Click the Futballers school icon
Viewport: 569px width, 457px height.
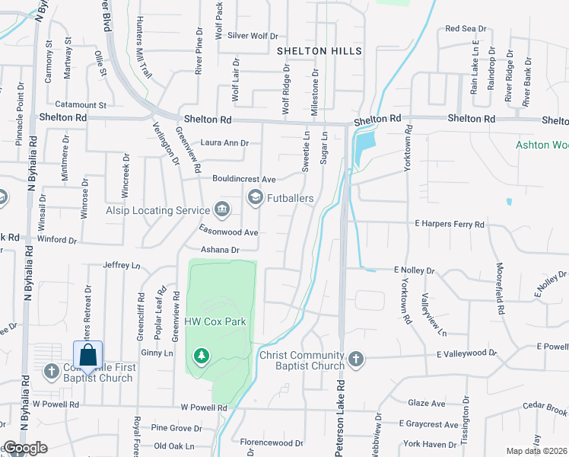point(256,198)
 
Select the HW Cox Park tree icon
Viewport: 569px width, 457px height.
point(202,355)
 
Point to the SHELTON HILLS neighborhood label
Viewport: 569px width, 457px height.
point(319,51)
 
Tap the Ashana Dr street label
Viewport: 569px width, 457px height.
point(220,250)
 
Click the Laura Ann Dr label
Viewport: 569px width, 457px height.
point(224,142)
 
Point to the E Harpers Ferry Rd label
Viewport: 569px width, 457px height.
point(449,225)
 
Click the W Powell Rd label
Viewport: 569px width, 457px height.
point(204,407)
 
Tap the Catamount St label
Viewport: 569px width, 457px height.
point(81,104)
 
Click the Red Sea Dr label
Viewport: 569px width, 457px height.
point(466,29)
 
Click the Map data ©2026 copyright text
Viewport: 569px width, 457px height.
point(536,451)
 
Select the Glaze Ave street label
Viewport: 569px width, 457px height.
point(427,403)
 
